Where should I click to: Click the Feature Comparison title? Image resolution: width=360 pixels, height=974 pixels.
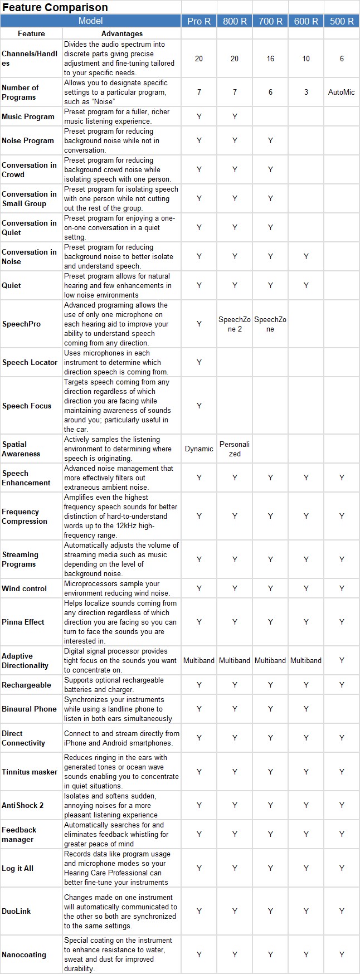click(x=55, y=7)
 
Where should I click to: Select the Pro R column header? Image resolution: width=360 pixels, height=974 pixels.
click(x=199, y=21)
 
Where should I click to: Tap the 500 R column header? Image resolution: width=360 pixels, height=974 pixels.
click(x=342, y=21)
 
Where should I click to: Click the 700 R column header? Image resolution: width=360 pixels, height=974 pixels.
click(x=270, y=21)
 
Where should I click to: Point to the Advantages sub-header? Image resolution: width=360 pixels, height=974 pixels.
click(x=122, y=33)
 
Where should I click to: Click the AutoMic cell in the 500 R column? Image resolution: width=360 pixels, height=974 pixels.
click(x=342, y=92)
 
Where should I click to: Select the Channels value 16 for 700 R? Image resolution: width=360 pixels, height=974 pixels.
click(x=270, y=59)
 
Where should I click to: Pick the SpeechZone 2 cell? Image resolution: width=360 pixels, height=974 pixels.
click(x=235, y=324)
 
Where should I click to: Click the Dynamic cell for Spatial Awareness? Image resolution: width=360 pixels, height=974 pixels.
click(x=199, y=449)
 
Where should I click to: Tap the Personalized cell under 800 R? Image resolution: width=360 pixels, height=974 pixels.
click(x=235, y=449)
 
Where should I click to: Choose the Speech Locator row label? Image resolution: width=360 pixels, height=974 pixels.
click(x=30, y=362)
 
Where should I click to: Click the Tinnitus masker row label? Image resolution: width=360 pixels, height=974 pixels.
click(x=30, y=772)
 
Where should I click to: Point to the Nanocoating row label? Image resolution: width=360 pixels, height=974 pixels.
click(x=24, y=954)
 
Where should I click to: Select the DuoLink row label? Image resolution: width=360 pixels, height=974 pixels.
click(x=17, y=911)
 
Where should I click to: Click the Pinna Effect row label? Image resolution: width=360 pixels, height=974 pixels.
click(x=23, y=622)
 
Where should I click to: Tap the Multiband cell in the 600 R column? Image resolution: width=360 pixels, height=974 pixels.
click(x=306, y=660)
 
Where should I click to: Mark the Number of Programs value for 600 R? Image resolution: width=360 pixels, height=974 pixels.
click(x=306, y=92)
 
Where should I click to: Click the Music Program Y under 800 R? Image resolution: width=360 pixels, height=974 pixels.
click(x=235, y=116)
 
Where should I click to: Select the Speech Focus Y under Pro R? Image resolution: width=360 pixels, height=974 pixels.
click(x=199, y=406)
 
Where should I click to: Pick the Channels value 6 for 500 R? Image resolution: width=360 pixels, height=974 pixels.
click(x=342, y=59)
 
